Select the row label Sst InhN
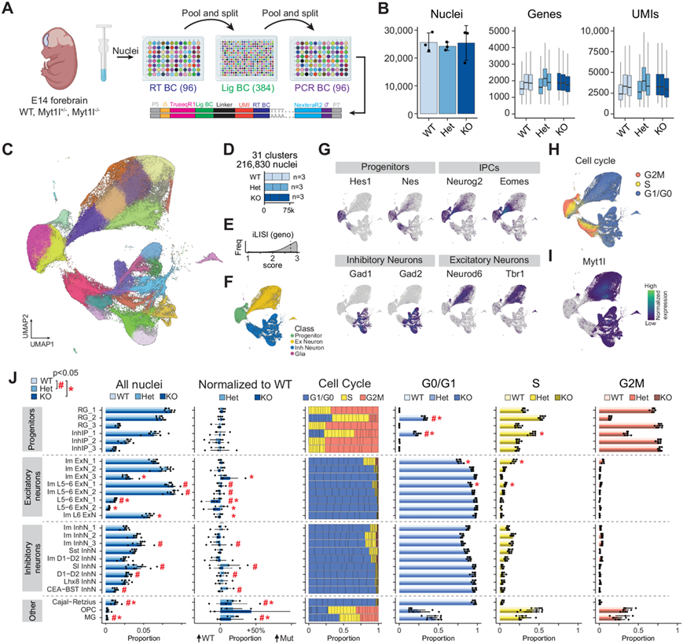click(x=82, y=549)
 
